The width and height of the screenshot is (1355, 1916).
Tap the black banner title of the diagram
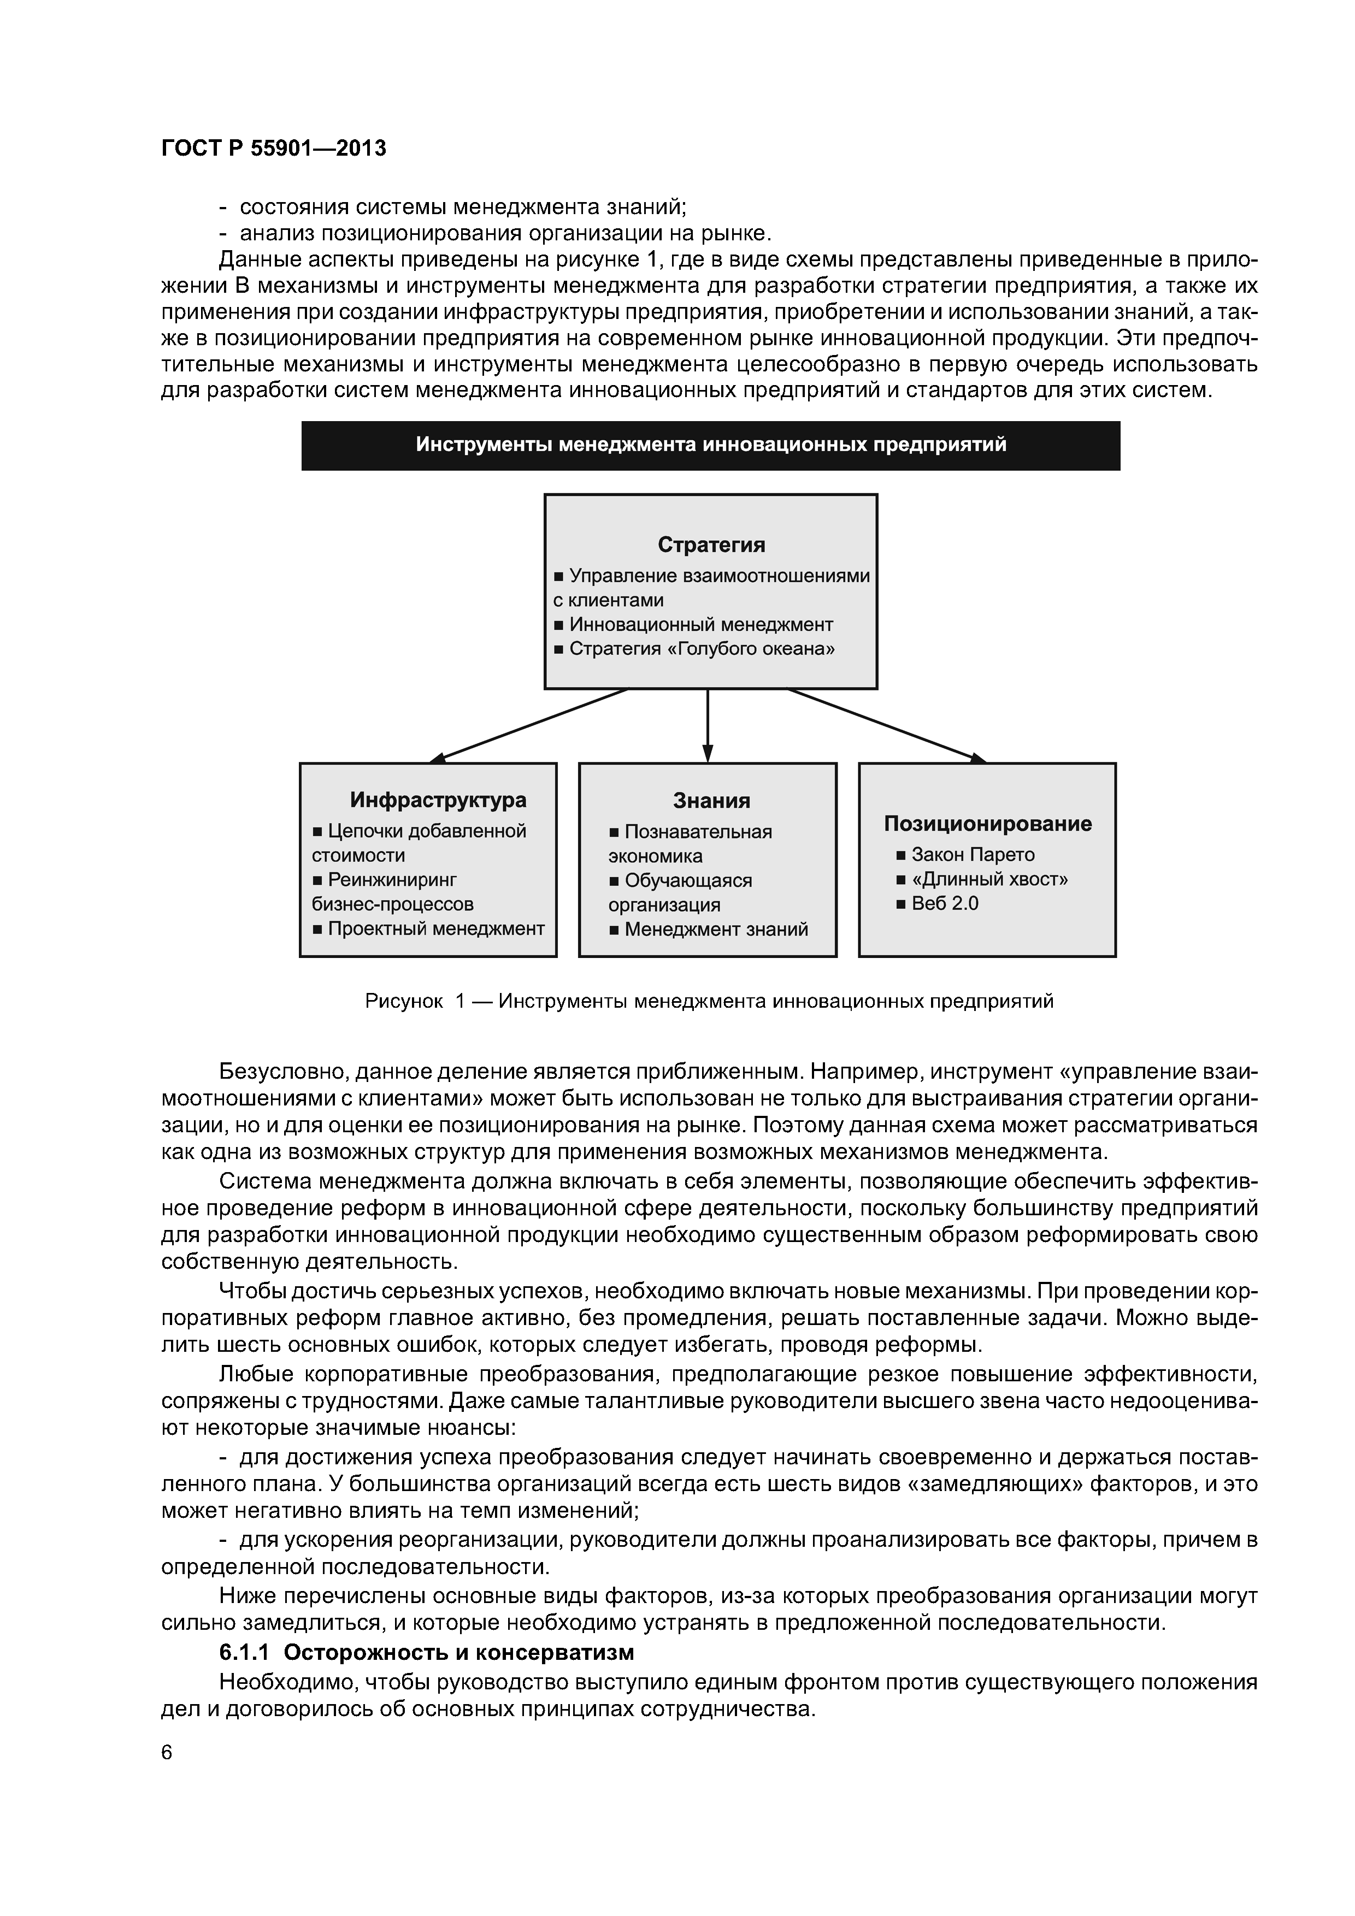tap(710, 445)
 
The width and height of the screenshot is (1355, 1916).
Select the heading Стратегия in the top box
tap(710, 545)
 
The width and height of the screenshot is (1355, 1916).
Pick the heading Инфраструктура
tap(438, 800)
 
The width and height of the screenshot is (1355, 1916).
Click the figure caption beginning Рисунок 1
tap(710, 1001)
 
